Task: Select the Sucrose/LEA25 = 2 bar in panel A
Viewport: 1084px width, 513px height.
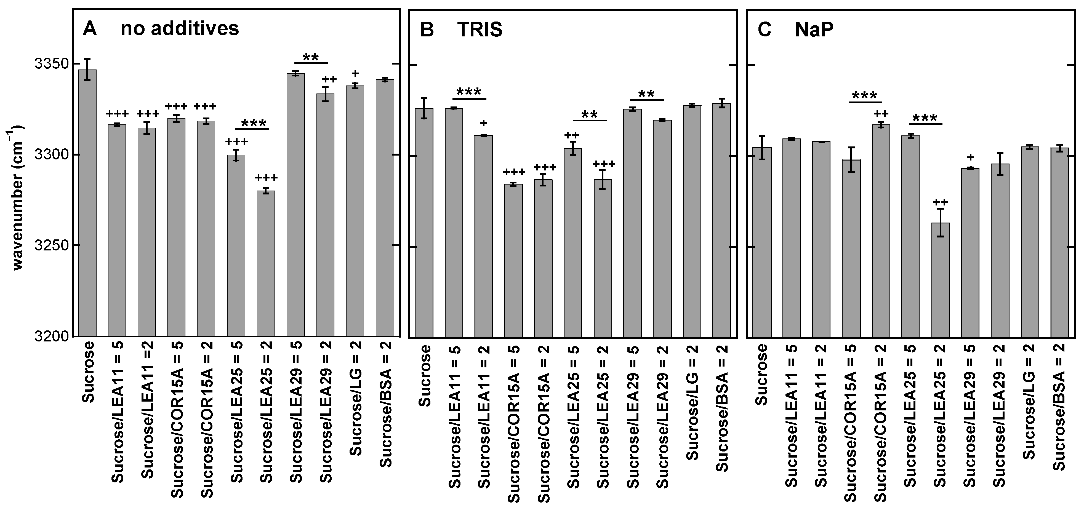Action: point(266,263)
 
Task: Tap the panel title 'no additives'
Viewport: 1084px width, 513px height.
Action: point(180,29)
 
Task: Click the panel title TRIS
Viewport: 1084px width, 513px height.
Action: point(480,30)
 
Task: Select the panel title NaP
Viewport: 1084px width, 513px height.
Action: point(814,30)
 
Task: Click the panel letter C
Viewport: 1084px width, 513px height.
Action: point(764,30)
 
